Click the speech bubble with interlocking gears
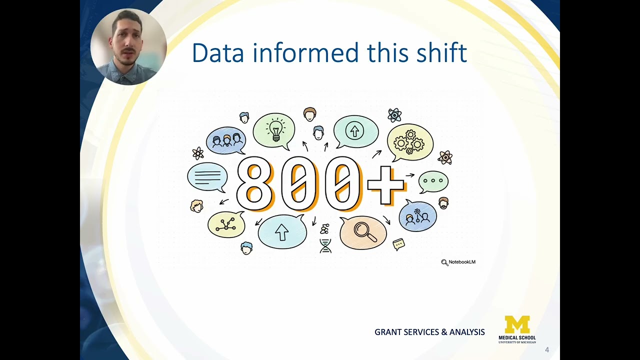(x=409, y=142)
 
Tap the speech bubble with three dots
(x=433, y=180)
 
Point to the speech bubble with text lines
(x=207, y=177)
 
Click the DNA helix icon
(x=325, y=245)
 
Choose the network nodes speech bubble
(x=226, y=224)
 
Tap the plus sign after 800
(x=385, y=185)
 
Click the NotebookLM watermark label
(x=458, y=262)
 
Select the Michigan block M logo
(x=517, y=324)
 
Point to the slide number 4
(x=547, y=350)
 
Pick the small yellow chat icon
(x=398, y=244)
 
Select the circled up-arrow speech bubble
(x=355, y=131)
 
